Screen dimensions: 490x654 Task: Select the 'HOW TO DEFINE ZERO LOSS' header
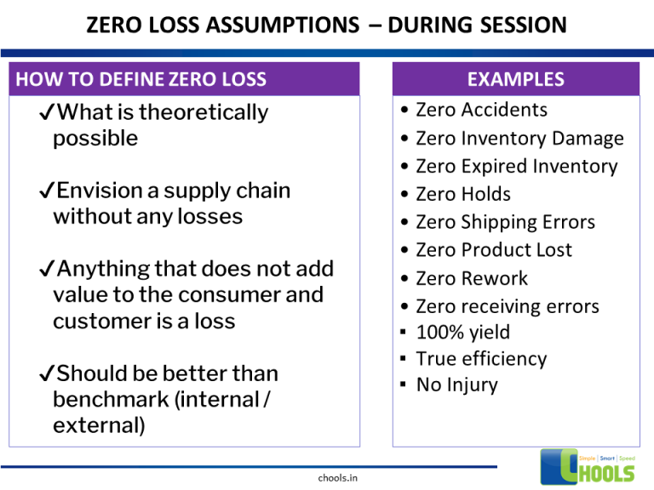(x=141, y=80)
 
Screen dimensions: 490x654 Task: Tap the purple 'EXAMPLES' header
(x=516, y=80)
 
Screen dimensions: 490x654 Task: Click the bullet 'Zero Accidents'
(x=481, y=110)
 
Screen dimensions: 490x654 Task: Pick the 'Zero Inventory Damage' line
(x=519, y=138)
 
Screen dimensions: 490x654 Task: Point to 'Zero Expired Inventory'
(x=516, y=166)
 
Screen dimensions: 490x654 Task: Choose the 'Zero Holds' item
(x=462, y=194)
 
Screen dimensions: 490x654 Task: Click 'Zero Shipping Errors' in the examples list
(x=505, y=222)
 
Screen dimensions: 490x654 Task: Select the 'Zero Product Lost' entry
(x=493, y=250)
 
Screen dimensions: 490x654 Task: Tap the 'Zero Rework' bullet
(x=471, y=278)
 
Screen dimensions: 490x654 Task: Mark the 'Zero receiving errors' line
(x=507, y=306)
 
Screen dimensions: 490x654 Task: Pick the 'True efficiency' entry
(x=481, y=359)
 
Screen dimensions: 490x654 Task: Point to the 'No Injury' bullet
(x=456, y=385)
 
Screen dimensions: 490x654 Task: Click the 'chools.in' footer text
(x=338, y=478)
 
